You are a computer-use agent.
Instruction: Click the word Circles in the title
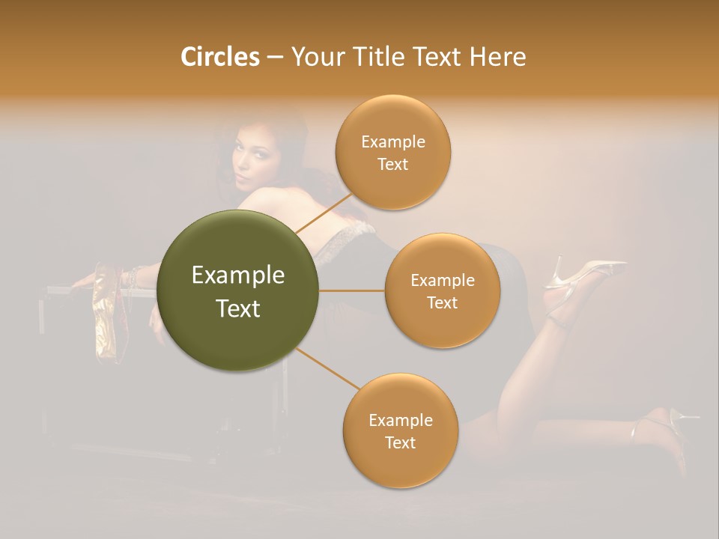tap(220, 57)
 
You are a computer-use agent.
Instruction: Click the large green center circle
tap(238, 290)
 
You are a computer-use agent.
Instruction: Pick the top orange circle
tap(392, 153)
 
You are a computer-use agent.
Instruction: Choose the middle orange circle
tap(442, 290)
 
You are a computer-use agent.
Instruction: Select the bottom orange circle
tap(400, 430)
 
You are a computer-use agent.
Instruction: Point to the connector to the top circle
tap(324, 213)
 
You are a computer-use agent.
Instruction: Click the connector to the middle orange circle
tap(352, 290)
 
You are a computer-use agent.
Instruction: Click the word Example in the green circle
tap(238, 275)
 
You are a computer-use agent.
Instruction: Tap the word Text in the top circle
tap(392, 165)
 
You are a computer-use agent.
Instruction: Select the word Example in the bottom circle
tap(400, 420)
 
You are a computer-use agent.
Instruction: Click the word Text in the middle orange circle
tap(442, 302)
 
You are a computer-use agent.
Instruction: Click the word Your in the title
tap(315, 57)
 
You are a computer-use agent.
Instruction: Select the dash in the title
tap(275, 57)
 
